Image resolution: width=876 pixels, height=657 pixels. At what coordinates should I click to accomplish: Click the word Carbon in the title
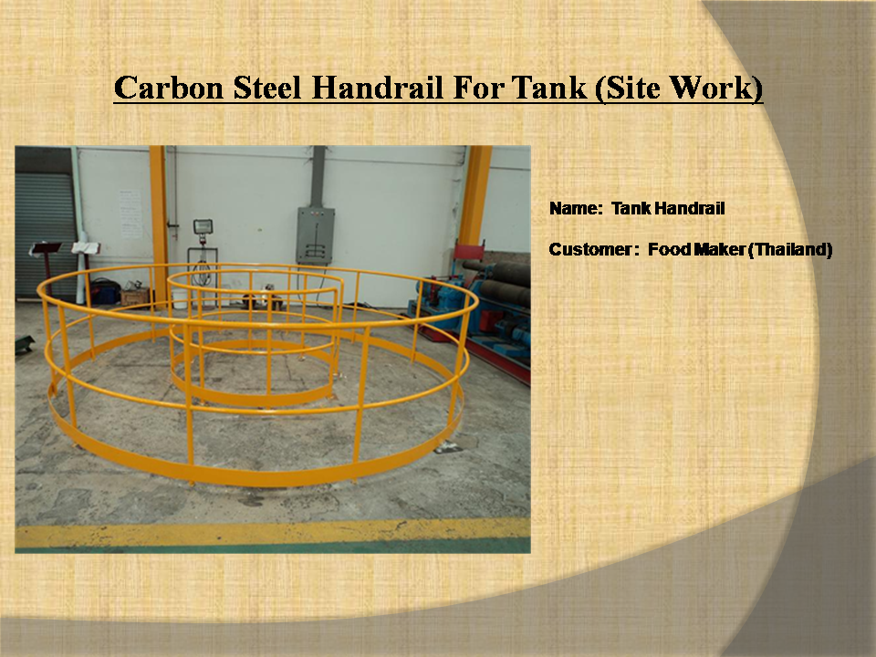coord(169,88)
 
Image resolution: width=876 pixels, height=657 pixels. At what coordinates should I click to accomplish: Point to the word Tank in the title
coord(548,88)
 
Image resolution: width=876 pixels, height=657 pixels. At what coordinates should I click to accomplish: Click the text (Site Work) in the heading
coord(679,89)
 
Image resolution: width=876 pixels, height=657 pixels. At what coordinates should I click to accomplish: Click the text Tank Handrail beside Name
coord(668,208)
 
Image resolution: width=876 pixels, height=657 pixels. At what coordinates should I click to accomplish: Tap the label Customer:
coord(594,249)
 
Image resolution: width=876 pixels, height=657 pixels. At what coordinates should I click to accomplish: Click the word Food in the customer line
coord(669,249)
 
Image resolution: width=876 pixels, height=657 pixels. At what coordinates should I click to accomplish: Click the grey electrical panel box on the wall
coord(316,235)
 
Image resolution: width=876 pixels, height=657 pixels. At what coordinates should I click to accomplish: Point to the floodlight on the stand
coord(203,226)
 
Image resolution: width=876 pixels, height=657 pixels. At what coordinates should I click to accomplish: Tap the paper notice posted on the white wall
coord(130,214)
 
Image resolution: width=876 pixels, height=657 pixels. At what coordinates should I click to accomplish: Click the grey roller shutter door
coord(45,235)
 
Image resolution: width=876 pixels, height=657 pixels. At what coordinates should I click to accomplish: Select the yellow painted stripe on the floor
coord(273,532)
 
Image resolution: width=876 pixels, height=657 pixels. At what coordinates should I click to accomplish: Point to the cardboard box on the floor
coord(135,297)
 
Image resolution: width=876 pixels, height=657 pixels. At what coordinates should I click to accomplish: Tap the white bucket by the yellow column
coord(180,299)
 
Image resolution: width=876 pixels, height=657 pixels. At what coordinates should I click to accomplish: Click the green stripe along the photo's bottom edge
coord(273,547)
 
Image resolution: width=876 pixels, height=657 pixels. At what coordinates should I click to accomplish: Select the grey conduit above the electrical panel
coord(318,176)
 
